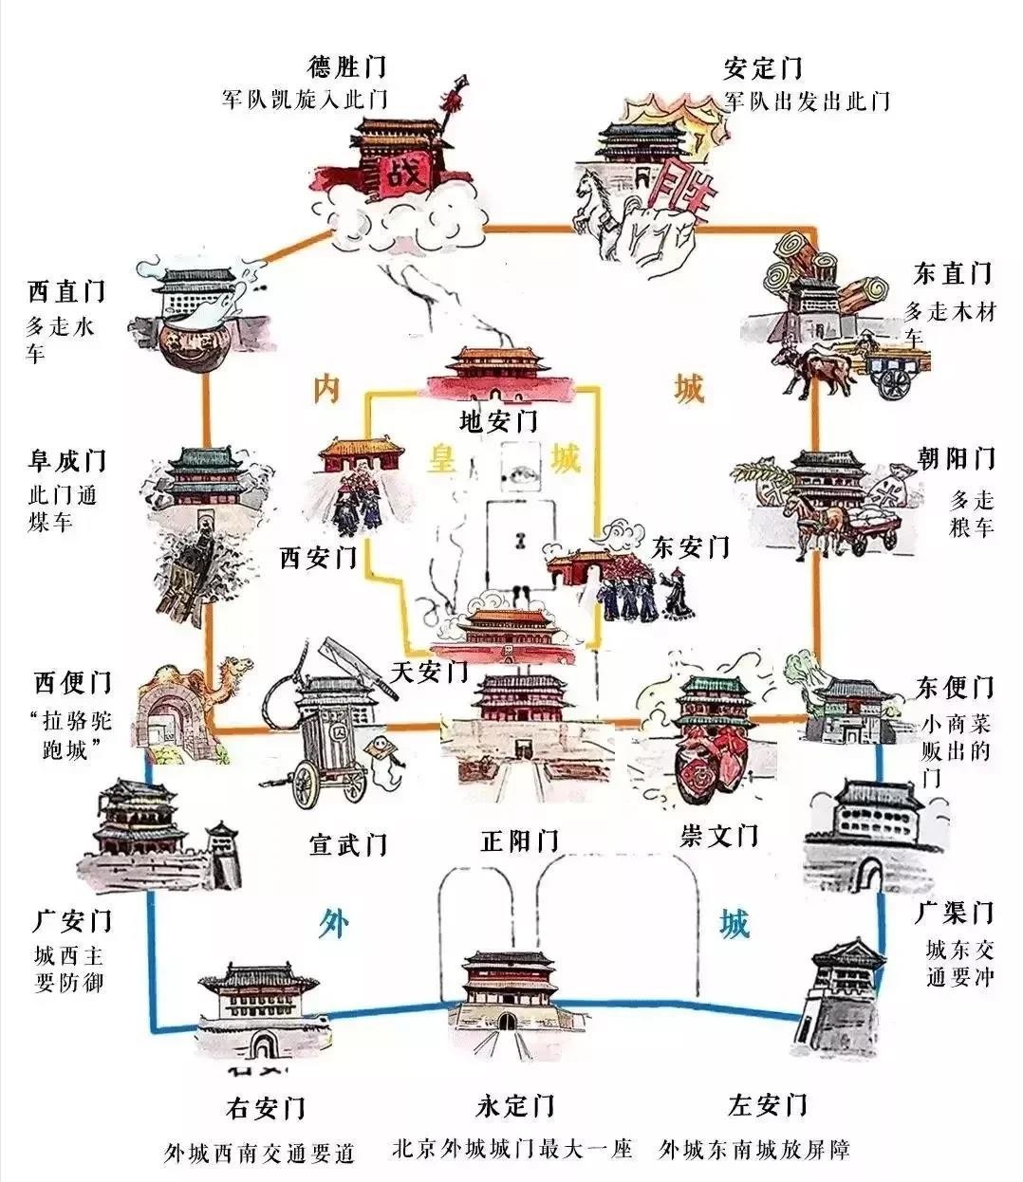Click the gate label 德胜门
point(347,67)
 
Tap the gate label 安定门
point(763,67)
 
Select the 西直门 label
point(65,290)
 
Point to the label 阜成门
point(65,462)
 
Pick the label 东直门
point(953,274)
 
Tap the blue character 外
point(331,922)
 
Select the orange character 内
point(325,390)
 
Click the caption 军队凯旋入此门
point(305,100)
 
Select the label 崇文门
point(719,835)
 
